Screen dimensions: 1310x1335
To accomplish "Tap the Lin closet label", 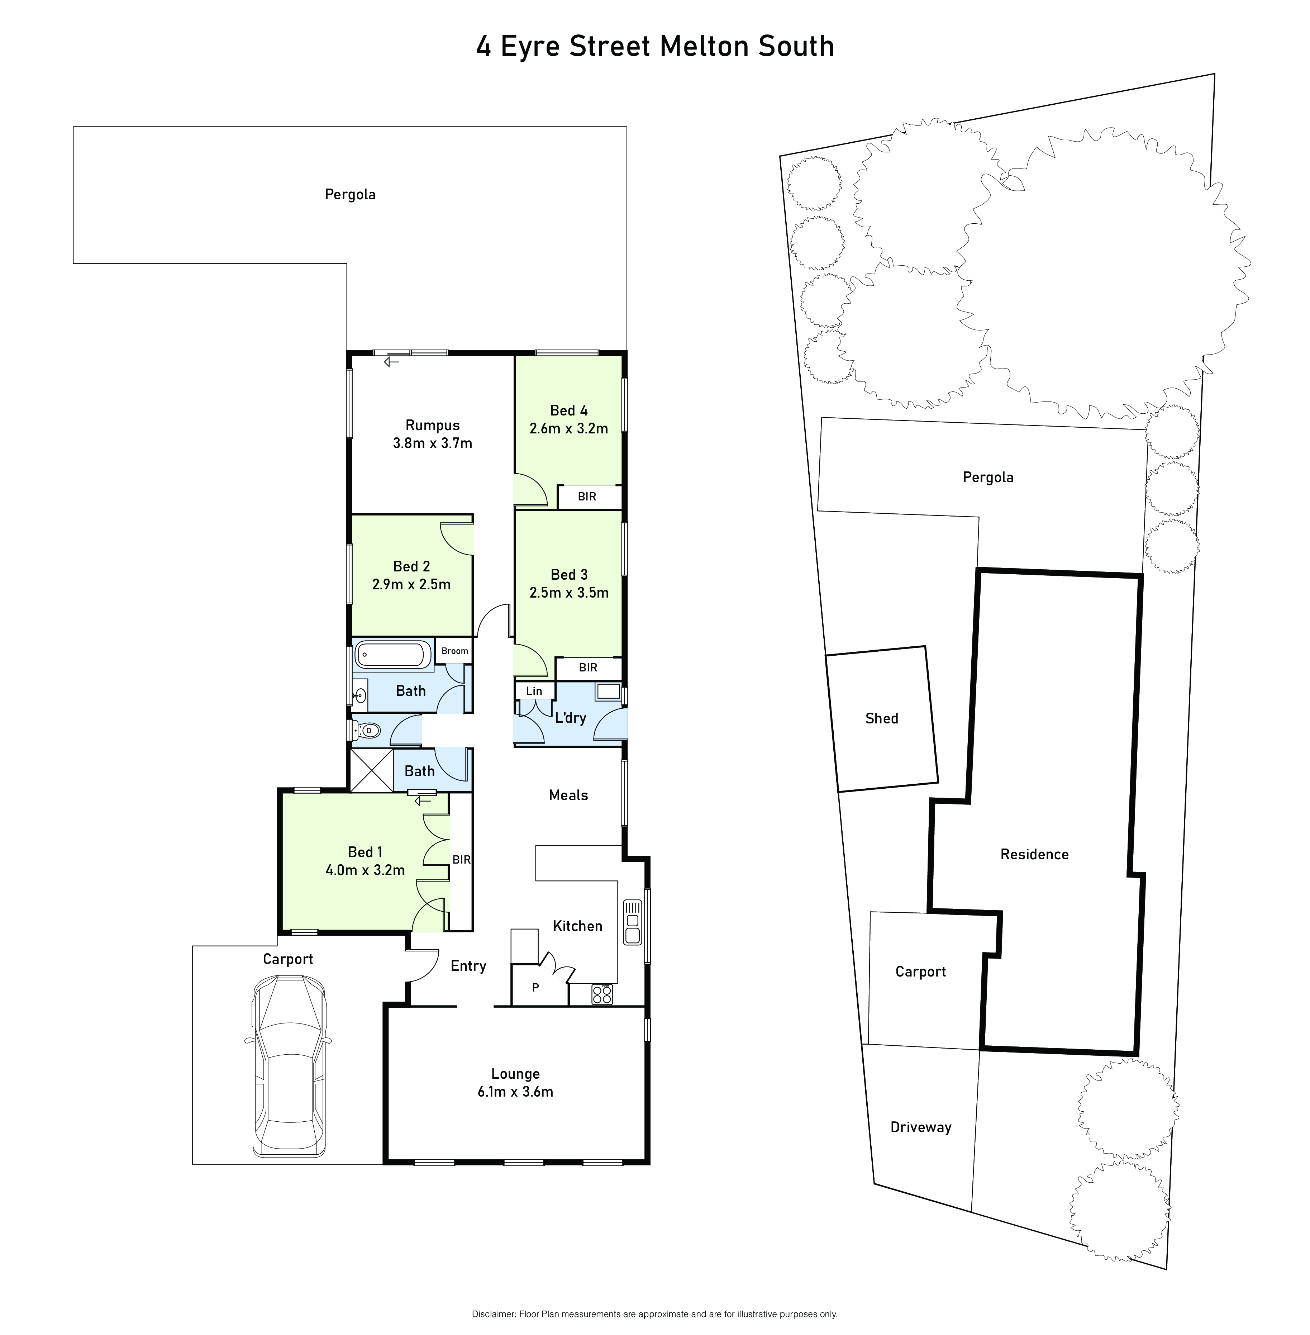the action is click(x=534, y=691).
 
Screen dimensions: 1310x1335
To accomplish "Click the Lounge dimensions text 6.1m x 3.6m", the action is click(x=515, y=1091).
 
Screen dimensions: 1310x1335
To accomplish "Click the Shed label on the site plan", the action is click(x=882, y=718).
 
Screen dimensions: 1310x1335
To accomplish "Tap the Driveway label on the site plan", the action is click(x=920, y=1127).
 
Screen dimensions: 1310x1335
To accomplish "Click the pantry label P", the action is click(x=535, y=988).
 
